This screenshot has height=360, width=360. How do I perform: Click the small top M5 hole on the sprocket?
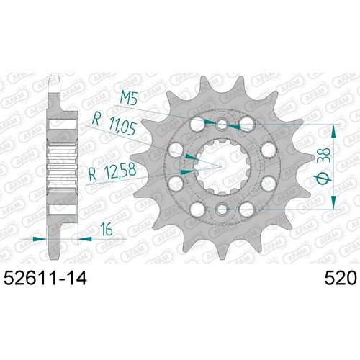tap(222, 125)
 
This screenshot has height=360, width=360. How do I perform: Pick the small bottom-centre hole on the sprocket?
tap(222, 210)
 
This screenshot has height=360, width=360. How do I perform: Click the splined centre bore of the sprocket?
tap(222, 167)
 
